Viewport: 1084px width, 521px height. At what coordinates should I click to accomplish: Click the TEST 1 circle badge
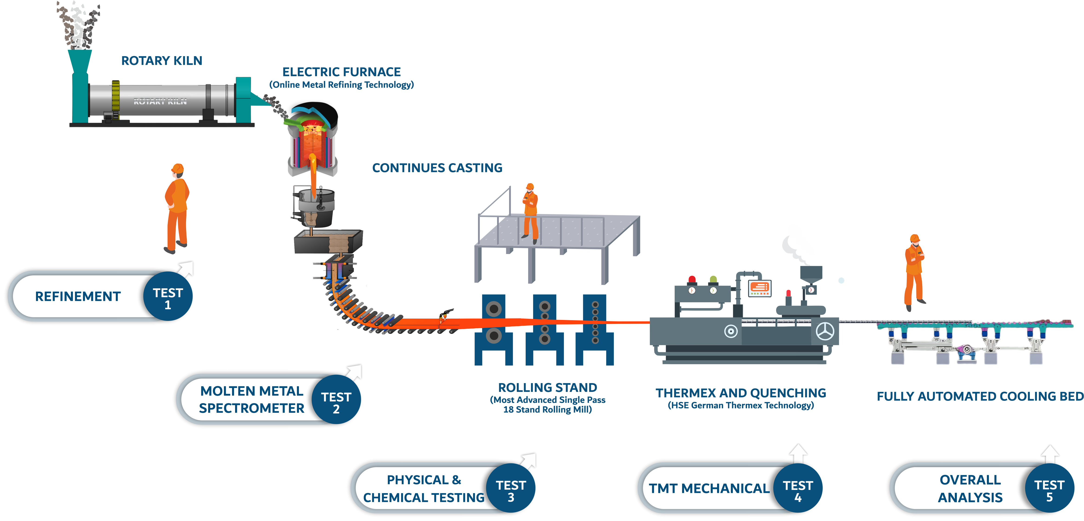pos(168,298)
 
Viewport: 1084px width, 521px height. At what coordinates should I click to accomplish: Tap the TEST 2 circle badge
pos(336,402)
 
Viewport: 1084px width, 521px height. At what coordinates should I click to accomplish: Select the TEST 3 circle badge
pos(511,490)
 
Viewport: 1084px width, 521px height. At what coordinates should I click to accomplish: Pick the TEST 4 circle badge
pos(798,490)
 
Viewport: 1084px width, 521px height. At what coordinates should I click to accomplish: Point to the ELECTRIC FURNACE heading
pos(341,72)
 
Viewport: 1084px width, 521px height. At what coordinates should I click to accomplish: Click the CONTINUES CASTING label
pos(437,168)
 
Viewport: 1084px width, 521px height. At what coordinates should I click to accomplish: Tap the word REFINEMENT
pos(78,297)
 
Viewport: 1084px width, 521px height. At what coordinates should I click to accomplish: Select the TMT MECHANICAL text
pos(709,488)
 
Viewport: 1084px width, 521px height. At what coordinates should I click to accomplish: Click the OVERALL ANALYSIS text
pos(970,488)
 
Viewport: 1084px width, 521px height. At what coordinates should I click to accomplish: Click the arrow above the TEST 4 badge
pos(798,453)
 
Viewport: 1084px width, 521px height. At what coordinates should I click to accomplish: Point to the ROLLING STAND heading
pos(547,387)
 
